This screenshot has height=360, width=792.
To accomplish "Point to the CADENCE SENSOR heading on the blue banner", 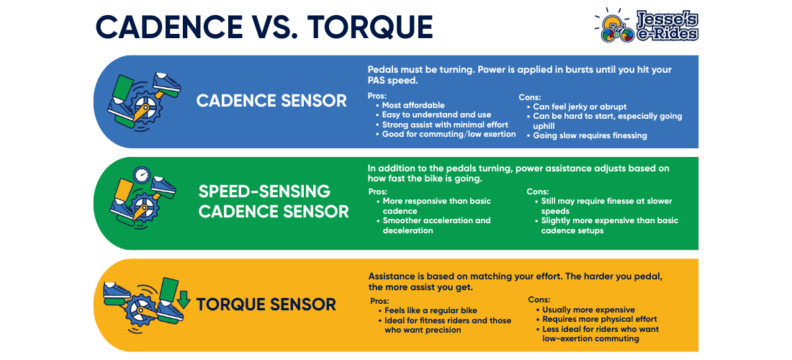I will pyautogui.click(x=271, y=101).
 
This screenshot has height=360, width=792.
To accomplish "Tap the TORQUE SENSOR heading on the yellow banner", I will pyautogui.click(x=266, y=305).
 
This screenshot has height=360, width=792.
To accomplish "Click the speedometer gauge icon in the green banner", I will pyautogui.click(x=142, y=175).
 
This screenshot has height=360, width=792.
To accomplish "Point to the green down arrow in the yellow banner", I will pyautogui.click(x=184, y=299).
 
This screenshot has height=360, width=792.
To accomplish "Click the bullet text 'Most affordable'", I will pyautogui.click(x=413, y=105).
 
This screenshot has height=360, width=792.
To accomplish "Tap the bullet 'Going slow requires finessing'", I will pyautogui.click(x=590, y=135).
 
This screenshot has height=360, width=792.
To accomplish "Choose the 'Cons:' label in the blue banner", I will pyautogui.click(x=531, y=96).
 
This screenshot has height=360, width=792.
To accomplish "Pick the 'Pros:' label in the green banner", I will pyautogui.click(x=377, y=192).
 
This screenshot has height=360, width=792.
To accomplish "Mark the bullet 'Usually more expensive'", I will pyautogui.click(x=588, y=309).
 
